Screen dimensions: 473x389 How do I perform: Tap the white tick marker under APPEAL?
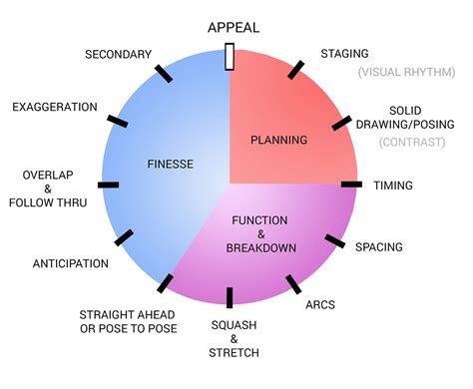[230, 56]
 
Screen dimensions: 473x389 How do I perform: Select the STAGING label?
[344, 53]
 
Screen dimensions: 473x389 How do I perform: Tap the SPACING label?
[379, 245]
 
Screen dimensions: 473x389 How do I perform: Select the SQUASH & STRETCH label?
[235, 339]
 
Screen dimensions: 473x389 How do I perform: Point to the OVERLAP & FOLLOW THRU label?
[47, 189]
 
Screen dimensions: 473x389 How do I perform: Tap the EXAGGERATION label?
[54, 107]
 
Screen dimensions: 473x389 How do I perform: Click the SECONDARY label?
[118, 54]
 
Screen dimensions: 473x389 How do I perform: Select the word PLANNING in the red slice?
[278, 140]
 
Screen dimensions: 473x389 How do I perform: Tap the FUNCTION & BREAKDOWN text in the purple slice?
[259, 232]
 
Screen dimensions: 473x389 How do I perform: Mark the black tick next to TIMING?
[350, 185]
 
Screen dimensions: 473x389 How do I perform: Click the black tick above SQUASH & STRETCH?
[230, 296]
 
